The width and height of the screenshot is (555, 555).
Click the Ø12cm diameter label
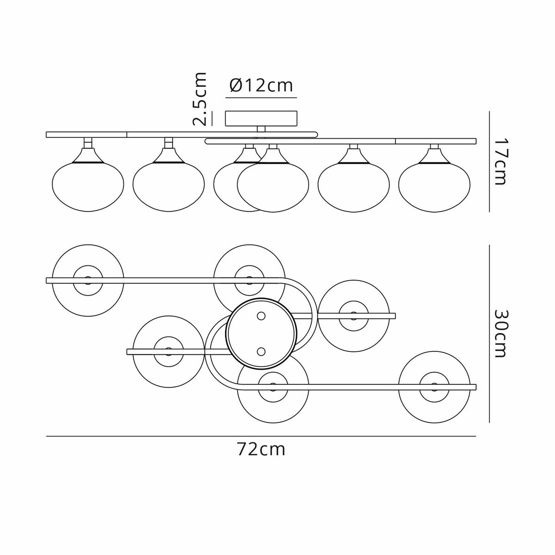(x=261, y=86)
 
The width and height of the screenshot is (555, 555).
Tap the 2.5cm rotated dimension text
(x=200, y=99)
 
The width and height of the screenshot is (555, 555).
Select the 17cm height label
(x=500, y=160)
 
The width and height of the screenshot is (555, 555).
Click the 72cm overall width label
(x=261, y=449)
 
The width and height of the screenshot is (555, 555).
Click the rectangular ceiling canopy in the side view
(x=261, y=118)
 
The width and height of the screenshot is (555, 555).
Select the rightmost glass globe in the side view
(x=434, y=182)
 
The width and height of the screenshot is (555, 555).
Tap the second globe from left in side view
(x=168, y=182)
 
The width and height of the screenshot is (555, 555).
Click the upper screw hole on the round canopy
(x=261, y=316)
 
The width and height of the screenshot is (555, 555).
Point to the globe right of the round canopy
(x=354, y=315)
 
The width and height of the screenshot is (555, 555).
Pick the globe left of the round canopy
(x=168, y=351)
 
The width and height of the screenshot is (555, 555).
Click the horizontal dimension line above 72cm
(x=261, y=436)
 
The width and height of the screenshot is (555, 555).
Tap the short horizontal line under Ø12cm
(x=261, y=99)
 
